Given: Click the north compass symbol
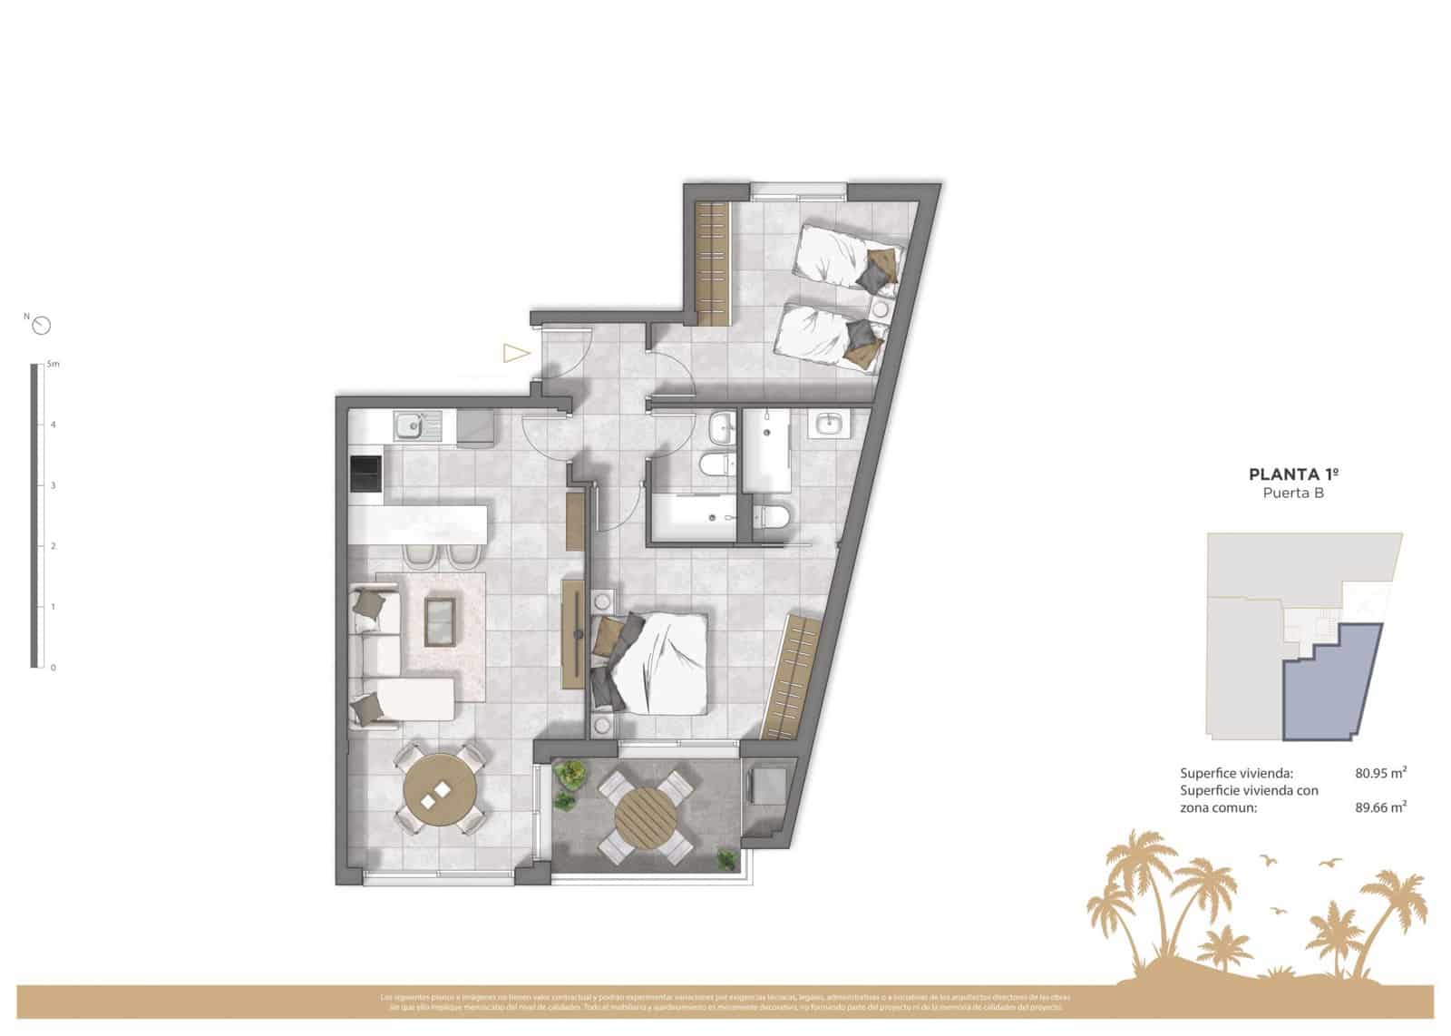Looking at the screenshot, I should point(42,325).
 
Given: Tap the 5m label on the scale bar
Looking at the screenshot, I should point(54,364).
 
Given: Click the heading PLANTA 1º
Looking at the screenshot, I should point(1294,474).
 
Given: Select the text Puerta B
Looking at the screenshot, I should point(1294,494).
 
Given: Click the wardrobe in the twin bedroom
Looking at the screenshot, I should point(713,263).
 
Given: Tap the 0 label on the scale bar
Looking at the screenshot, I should point(53,667).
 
